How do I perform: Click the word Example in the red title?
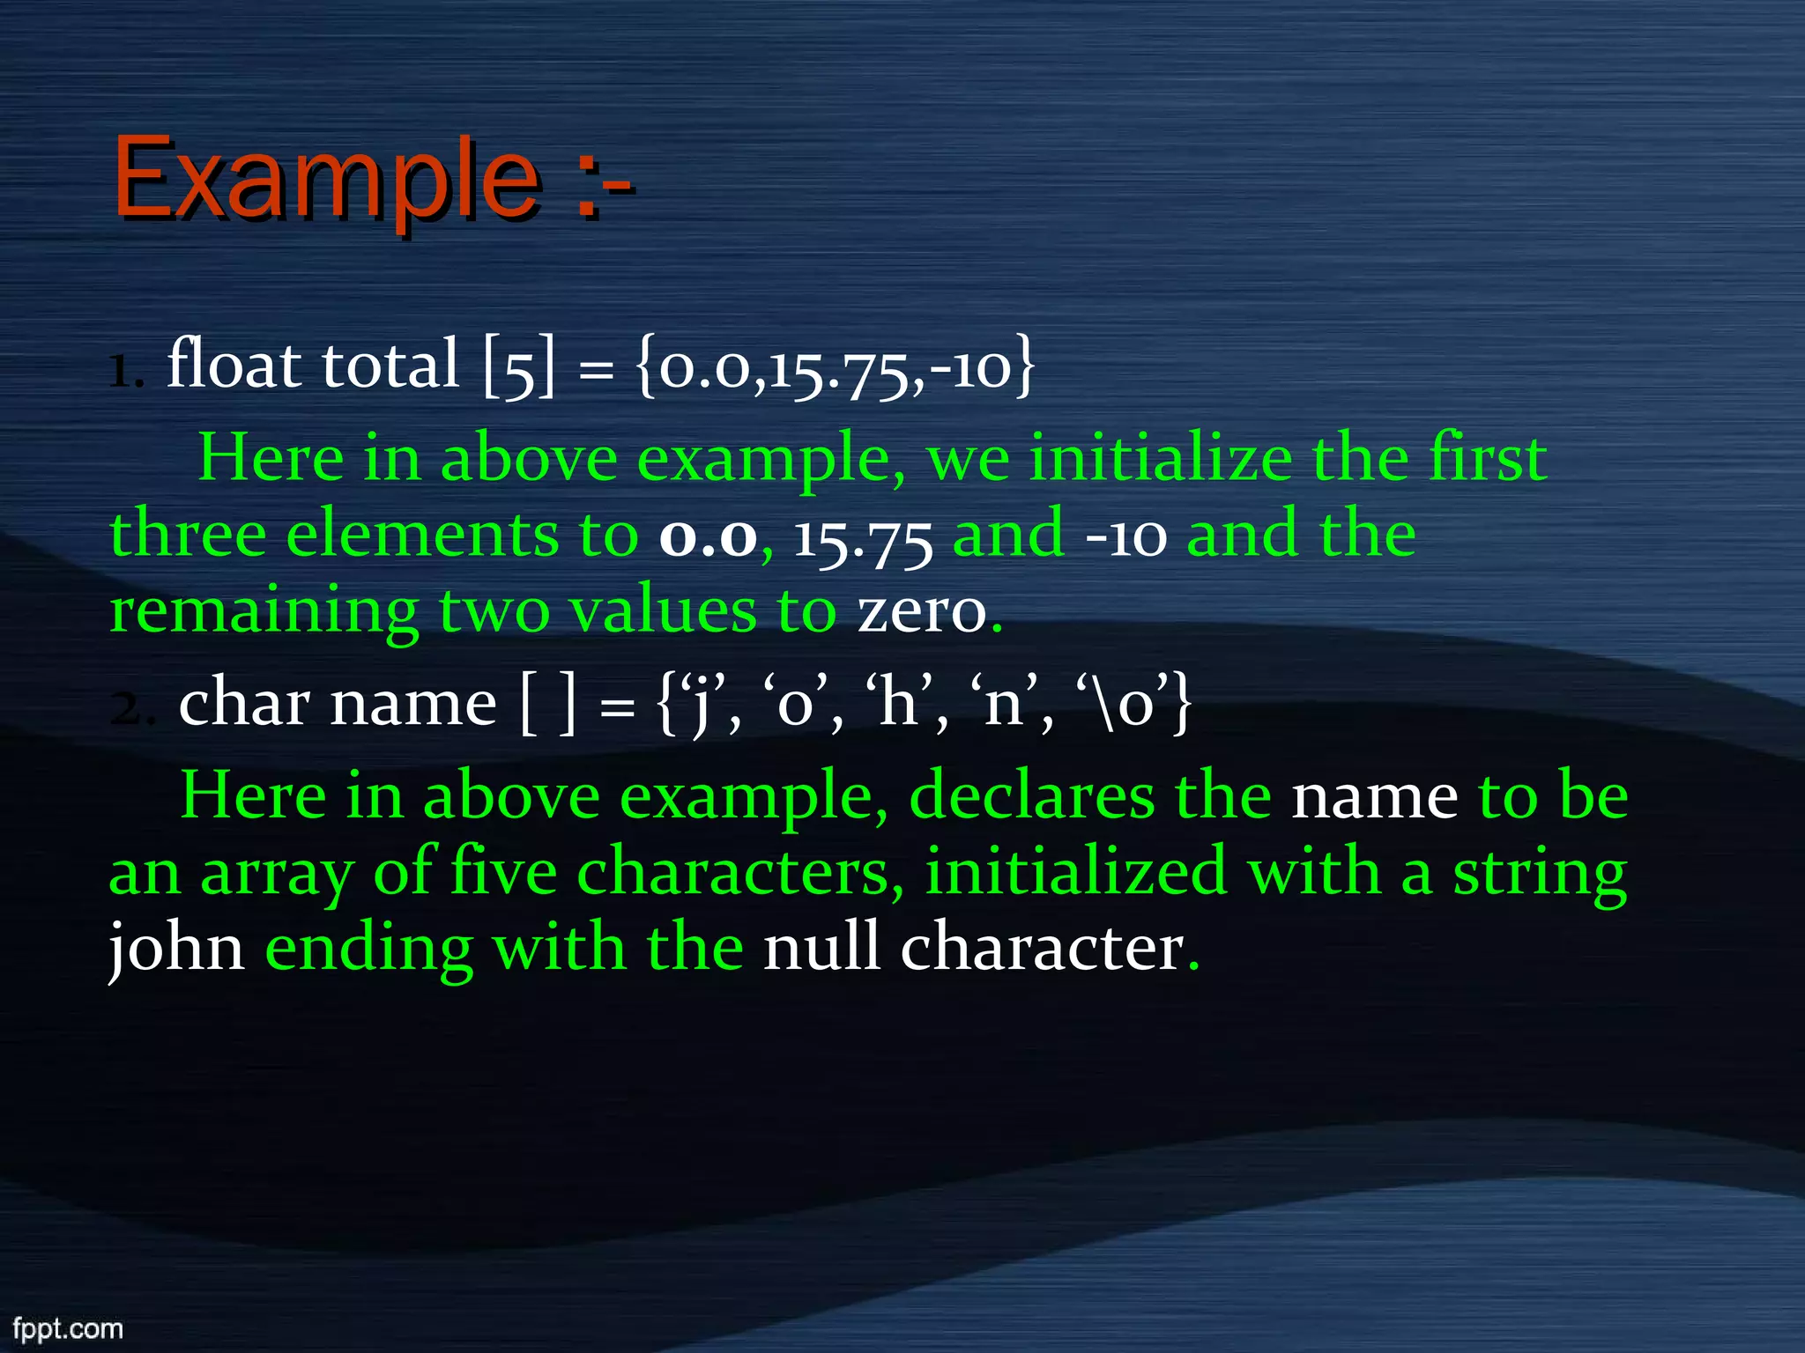326,180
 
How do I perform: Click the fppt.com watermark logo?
68,1328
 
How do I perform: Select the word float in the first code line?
234,363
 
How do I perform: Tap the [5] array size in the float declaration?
520,365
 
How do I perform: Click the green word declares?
1031,796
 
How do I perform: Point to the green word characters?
740,872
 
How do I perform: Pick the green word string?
1539,872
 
